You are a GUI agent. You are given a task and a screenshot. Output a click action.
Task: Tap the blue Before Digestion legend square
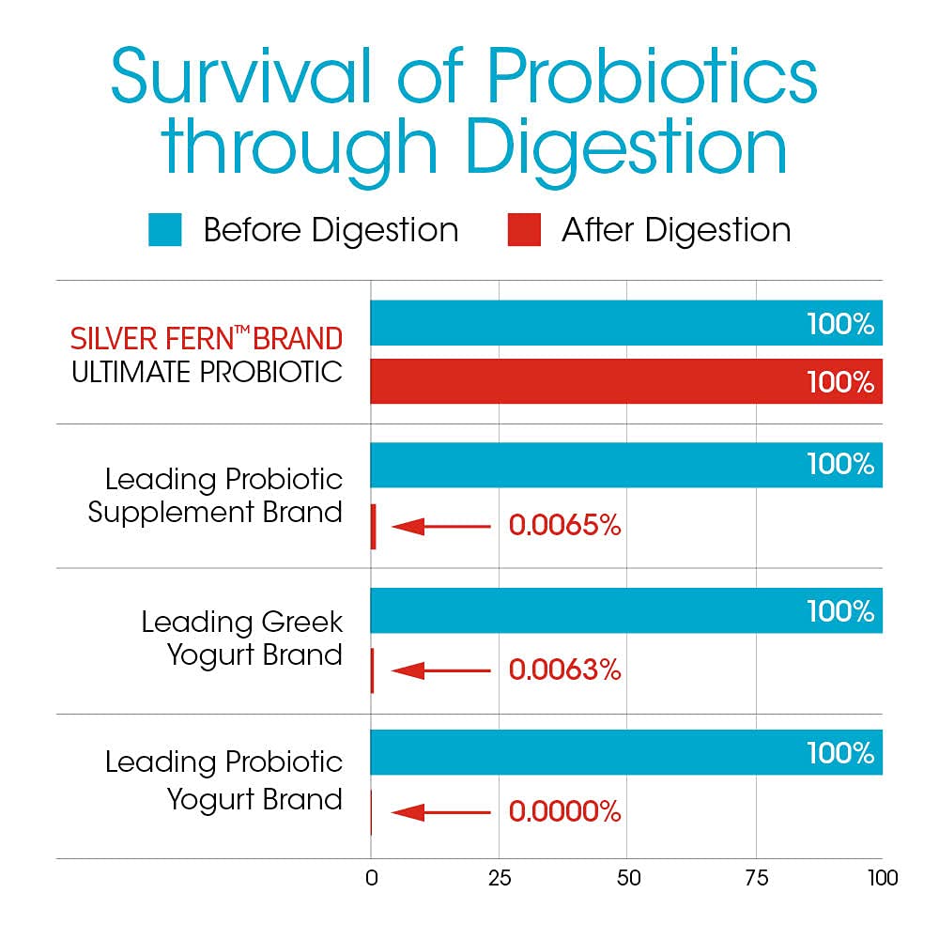164,230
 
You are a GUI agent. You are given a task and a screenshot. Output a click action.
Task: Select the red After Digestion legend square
524,230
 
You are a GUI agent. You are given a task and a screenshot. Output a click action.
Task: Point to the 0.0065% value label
564,526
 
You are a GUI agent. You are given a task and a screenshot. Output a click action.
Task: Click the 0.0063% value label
564,670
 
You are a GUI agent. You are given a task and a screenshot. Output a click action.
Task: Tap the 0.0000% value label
564,812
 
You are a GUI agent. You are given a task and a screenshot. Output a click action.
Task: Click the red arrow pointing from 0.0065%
440,527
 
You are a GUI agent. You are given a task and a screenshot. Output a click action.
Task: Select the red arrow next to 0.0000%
440,812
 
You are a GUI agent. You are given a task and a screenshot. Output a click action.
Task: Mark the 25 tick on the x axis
500,879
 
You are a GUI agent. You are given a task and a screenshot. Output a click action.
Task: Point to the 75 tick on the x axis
756,879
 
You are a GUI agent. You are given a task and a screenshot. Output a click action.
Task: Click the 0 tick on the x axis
371,879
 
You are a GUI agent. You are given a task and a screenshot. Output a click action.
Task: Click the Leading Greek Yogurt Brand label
242,638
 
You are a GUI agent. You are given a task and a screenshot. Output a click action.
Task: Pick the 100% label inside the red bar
840,383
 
